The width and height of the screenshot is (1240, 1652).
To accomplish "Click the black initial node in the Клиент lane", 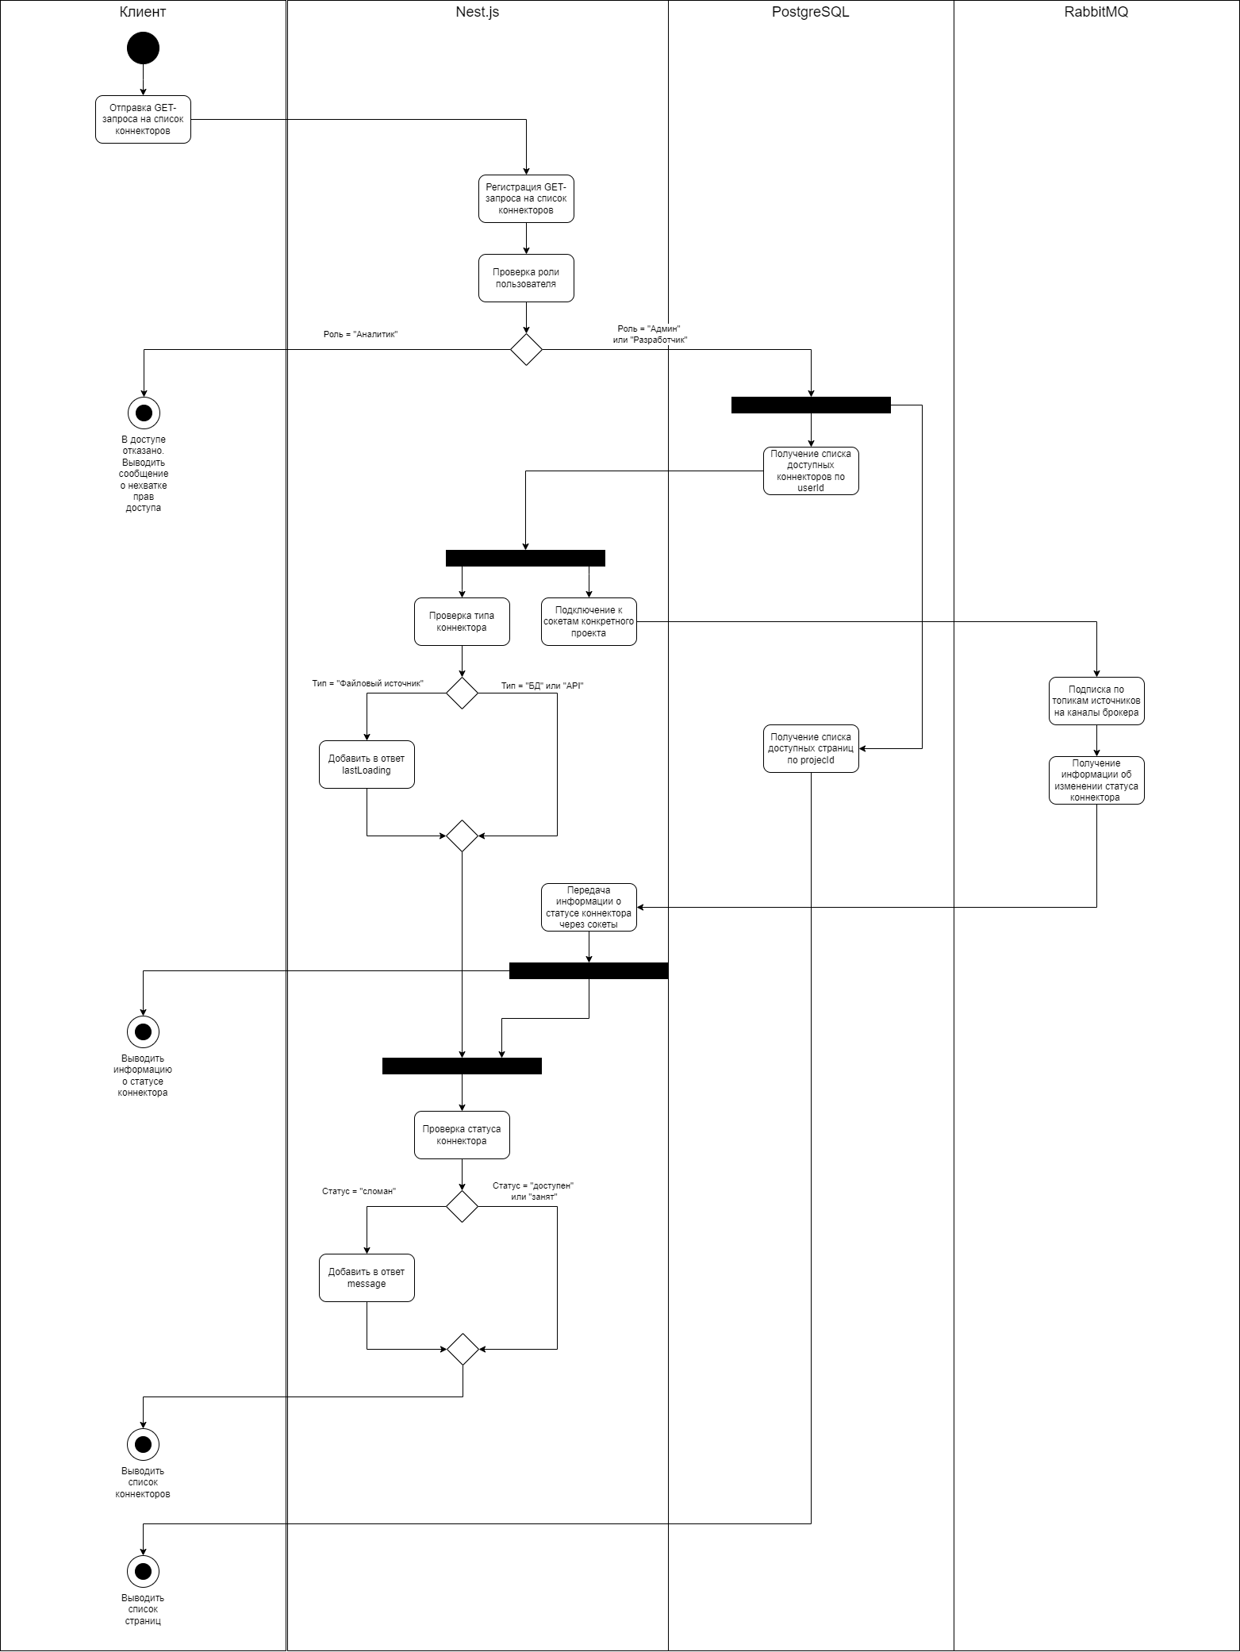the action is point(143,48).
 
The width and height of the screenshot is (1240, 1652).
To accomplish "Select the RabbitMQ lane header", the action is point(1096,12).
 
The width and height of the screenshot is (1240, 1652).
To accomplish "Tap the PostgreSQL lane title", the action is point(810,12).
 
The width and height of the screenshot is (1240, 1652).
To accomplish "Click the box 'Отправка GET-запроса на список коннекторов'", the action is point(143,120).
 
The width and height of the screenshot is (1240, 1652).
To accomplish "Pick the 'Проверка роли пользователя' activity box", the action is point(526,279).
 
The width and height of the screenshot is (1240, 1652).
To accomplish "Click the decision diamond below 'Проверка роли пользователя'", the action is point(526,349).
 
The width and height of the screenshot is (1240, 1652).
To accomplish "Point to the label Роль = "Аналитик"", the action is point(360,335).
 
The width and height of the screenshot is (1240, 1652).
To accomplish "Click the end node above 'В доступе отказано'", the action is point(144,413).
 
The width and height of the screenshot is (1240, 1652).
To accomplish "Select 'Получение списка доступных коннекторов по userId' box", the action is point(811,471).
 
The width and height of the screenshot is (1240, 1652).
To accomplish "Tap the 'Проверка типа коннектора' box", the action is point(462,621).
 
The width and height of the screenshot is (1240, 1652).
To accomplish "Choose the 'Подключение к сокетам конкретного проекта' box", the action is point(589,621).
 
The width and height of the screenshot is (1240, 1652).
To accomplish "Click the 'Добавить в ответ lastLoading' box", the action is point(367,764).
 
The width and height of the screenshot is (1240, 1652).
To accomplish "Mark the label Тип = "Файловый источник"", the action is point(368,683).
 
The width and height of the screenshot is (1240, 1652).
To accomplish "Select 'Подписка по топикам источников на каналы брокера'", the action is point(1096,701).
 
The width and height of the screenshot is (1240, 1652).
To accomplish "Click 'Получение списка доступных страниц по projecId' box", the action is point(811,748).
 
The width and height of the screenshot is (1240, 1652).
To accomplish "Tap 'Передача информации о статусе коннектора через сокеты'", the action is point(589,907).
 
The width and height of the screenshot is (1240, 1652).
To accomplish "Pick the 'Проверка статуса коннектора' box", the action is point(462,1135).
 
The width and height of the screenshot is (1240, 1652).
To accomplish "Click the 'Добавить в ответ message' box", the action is point(367,1277).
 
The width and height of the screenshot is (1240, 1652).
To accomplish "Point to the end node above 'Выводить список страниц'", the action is point(144,1571).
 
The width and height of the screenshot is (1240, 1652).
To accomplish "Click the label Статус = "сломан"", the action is point(359,1191).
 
